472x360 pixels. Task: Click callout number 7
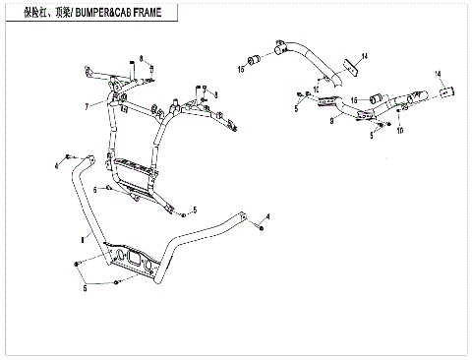point(87,105)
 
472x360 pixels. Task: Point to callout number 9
point(333,120)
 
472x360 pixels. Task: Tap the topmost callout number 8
point(141,60)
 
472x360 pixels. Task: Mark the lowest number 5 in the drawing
point(84,288)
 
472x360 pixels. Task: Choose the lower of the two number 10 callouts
point(399,129)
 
